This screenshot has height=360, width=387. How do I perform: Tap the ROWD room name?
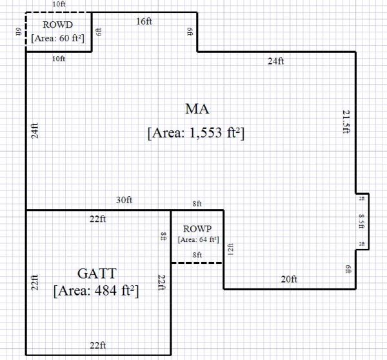[x=58, y=25]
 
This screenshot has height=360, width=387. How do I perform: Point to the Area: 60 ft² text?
[x=58, y=38]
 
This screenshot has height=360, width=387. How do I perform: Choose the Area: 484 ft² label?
[x=97, y=290]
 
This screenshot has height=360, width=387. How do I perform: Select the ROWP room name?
[x=197, y=229]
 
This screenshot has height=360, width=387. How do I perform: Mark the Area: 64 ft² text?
[x=197, y=239]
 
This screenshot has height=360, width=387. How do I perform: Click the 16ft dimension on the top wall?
[x=144, y=21]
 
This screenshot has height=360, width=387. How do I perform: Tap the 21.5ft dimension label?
[x=346, y=121]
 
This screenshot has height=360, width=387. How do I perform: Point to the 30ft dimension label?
[x=123, y=201]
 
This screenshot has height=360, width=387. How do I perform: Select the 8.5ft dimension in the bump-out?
[x=362, y=221]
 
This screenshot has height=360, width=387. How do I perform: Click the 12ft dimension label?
[x=230, y=248]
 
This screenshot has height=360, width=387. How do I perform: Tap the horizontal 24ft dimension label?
[x=275, y=61]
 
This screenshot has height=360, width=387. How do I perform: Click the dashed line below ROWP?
[x=197, y=263]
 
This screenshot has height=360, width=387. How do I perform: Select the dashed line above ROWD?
[x=58, y=12]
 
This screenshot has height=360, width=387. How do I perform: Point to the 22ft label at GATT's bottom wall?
[x=98, y=344]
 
